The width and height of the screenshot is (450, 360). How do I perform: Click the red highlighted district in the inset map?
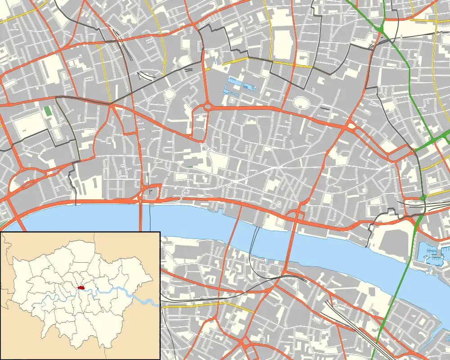82,287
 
